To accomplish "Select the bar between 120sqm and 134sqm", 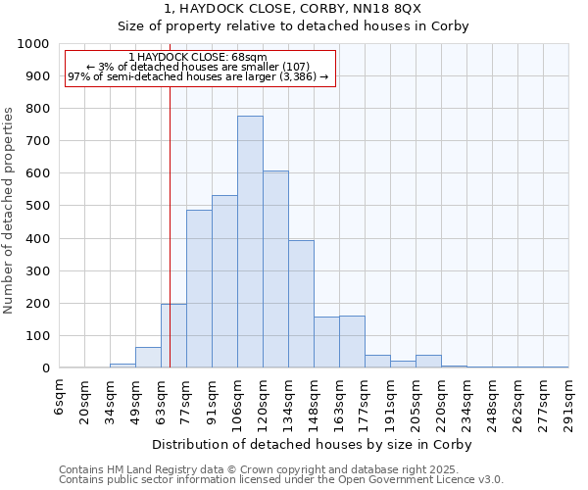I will pyautogui.click(x=275, y=269).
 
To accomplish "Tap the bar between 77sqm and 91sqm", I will pyautogui.click(x=199, y=289).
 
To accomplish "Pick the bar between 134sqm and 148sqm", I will pyautogui.click(x=301, y=304).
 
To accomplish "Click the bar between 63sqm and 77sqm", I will pyautogui.click(x=173, y=336).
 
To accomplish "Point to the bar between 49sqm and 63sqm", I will pyautogui.click(x=148, y=358).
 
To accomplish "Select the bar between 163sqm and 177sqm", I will pyautogui.click(x=352, y=342).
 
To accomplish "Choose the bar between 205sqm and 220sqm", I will pyautogui.click(x=428, y=362).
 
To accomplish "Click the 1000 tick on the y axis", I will pyautogui.click(x=33, y=44).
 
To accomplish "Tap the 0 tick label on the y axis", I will pyautogui.click(x=46, y=368).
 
